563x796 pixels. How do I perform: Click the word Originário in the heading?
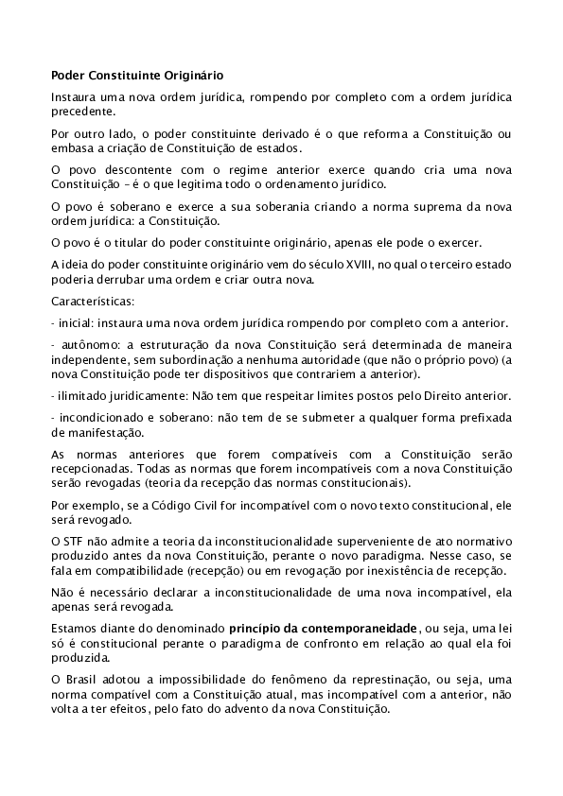click(196, 73)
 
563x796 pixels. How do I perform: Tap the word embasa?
click(69, 148)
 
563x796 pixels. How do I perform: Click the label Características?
click(93, 302)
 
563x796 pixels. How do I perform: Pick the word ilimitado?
click(84, 395)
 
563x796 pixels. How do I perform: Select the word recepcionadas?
click(93, 468)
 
